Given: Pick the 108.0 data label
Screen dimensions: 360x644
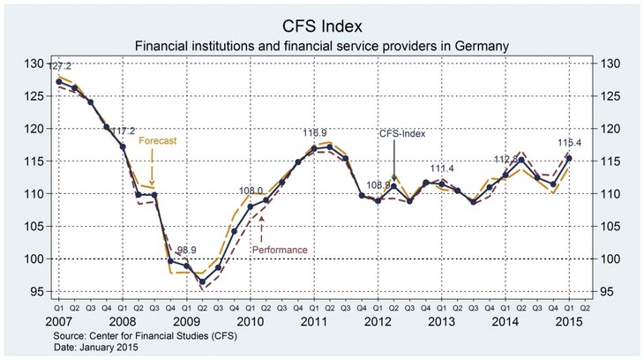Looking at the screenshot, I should [x=251, y=191].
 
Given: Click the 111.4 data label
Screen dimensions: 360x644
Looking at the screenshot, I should [x=442, y=168].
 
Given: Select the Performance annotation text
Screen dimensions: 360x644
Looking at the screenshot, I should [x=280, y=250].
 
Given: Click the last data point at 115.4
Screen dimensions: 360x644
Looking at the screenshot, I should [x=569, y=158].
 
